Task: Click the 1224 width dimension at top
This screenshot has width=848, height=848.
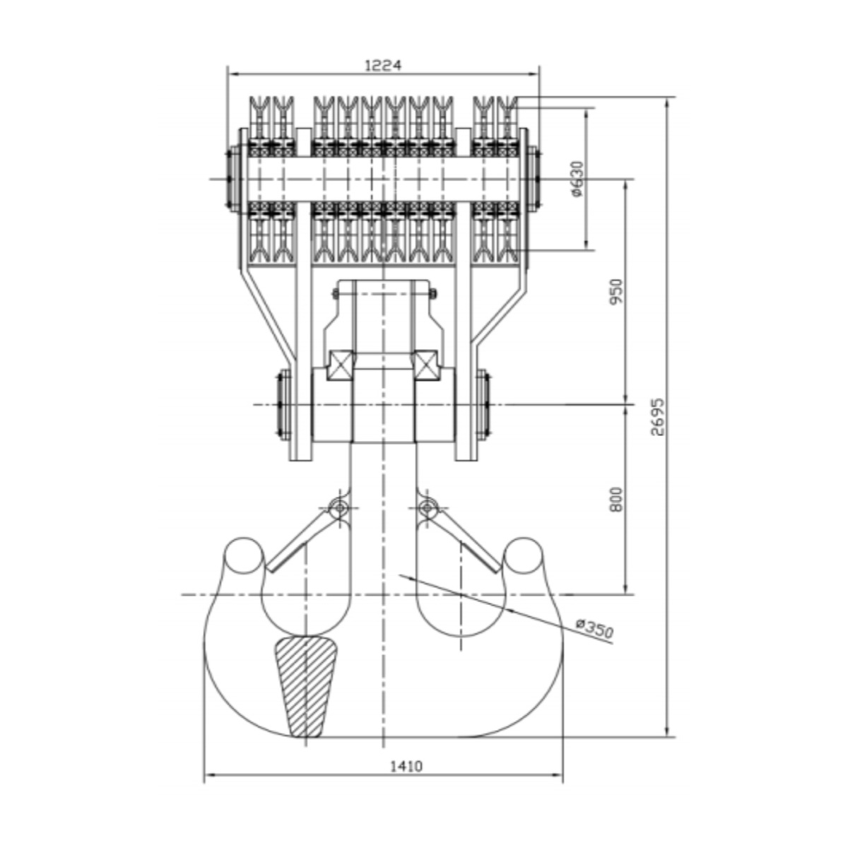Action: (x=383, y=66)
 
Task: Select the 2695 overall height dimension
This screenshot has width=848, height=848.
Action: (x=657, y=417)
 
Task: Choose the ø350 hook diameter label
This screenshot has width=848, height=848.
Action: (x=594, y=630)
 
